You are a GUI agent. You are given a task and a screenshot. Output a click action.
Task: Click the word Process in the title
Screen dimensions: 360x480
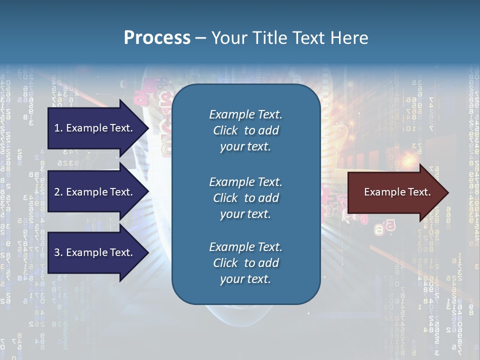tap(157, 38)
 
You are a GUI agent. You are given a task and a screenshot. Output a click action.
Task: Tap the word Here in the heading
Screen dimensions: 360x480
tap(349, 38)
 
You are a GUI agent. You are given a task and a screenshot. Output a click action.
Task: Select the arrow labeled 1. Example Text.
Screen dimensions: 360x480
tap(95, 128)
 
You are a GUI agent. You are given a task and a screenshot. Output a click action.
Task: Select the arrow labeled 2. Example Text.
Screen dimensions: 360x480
tap(95, 192)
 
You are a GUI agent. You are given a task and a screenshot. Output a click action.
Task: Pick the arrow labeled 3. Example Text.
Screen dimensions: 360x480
tap(95, 252)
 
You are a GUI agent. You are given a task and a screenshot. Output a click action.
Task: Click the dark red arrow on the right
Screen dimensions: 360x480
tap(395, 192)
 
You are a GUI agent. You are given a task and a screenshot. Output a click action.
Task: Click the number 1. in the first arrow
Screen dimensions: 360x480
tap(58, 128)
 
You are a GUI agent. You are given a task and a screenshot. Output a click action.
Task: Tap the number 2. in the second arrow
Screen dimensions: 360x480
tap(58, 192)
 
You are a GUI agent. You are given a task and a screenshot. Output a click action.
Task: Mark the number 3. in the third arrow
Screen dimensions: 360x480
tap(58, 252)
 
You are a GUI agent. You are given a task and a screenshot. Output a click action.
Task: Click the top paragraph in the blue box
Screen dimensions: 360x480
tap(245, 130)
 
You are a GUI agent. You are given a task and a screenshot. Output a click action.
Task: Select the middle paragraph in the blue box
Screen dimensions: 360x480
tap(245, 198)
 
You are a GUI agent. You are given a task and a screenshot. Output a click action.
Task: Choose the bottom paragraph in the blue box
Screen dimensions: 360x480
tap(245, 263)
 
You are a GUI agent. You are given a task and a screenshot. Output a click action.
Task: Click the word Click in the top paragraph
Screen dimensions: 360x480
tap(225, 130)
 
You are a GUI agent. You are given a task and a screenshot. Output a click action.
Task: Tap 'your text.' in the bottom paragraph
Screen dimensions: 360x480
tap(245, 279)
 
